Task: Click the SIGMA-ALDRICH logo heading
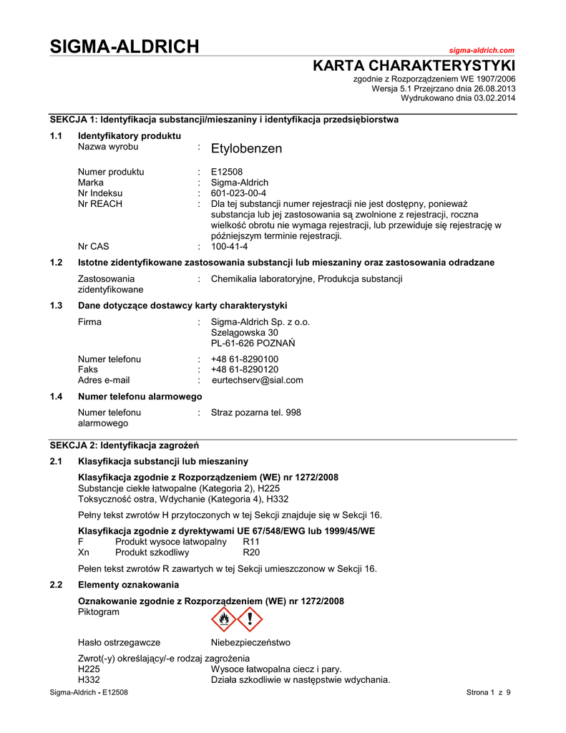(125, 47)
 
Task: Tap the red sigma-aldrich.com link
(482, 50)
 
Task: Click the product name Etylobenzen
(246, 149)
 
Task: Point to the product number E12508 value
(228, 172)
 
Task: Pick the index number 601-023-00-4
(238, 193)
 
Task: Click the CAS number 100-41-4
(230, 246)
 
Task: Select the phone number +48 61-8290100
(245, 359)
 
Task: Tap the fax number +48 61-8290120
(245, 369)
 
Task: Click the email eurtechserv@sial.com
(257, 380)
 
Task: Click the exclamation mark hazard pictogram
(250, 618)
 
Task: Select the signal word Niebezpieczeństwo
(250, 642)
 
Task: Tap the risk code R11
(251, 541)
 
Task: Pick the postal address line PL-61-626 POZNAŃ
(253, 343)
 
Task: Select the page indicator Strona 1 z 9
(488, 692)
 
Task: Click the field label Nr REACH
(99, 204)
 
